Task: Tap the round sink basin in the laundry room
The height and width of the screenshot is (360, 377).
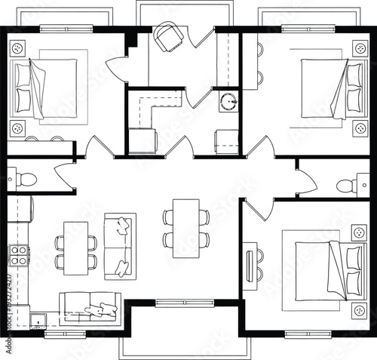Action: pyautogui.click(x=228, y=101)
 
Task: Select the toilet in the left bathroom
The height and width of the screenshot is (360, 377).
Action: pyautogui.click(x=25, y=179)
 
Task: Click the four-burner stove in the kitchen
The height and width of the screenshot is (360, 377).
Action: pyautogui.click(x=19, y=255)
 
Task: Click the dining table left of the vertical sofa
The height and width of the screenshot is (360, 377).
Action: pyautogui.click(x=75, y=248)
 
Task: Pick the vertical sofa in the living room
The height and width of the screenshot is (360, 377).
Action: pyautogui.click(x=119, y=246)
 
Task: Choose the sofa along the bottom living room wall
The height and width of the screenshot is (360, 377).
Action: pyautogui.click(x=90, y=306)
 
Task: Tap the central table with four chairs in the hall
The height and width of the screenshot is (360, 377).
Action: pyautogui.click(x=185, y=228)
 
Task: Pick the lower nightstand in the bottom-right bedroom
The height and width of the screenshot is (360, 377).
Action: pyautogui.click(x=360, y=309)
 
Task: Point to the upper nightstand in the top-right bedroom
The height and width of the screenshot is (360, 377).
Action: pyautogui.click(x=360, y=49)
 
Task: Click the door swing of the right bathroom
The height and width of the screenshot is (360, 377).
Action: pyautogui.click(x=306, y=182)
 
